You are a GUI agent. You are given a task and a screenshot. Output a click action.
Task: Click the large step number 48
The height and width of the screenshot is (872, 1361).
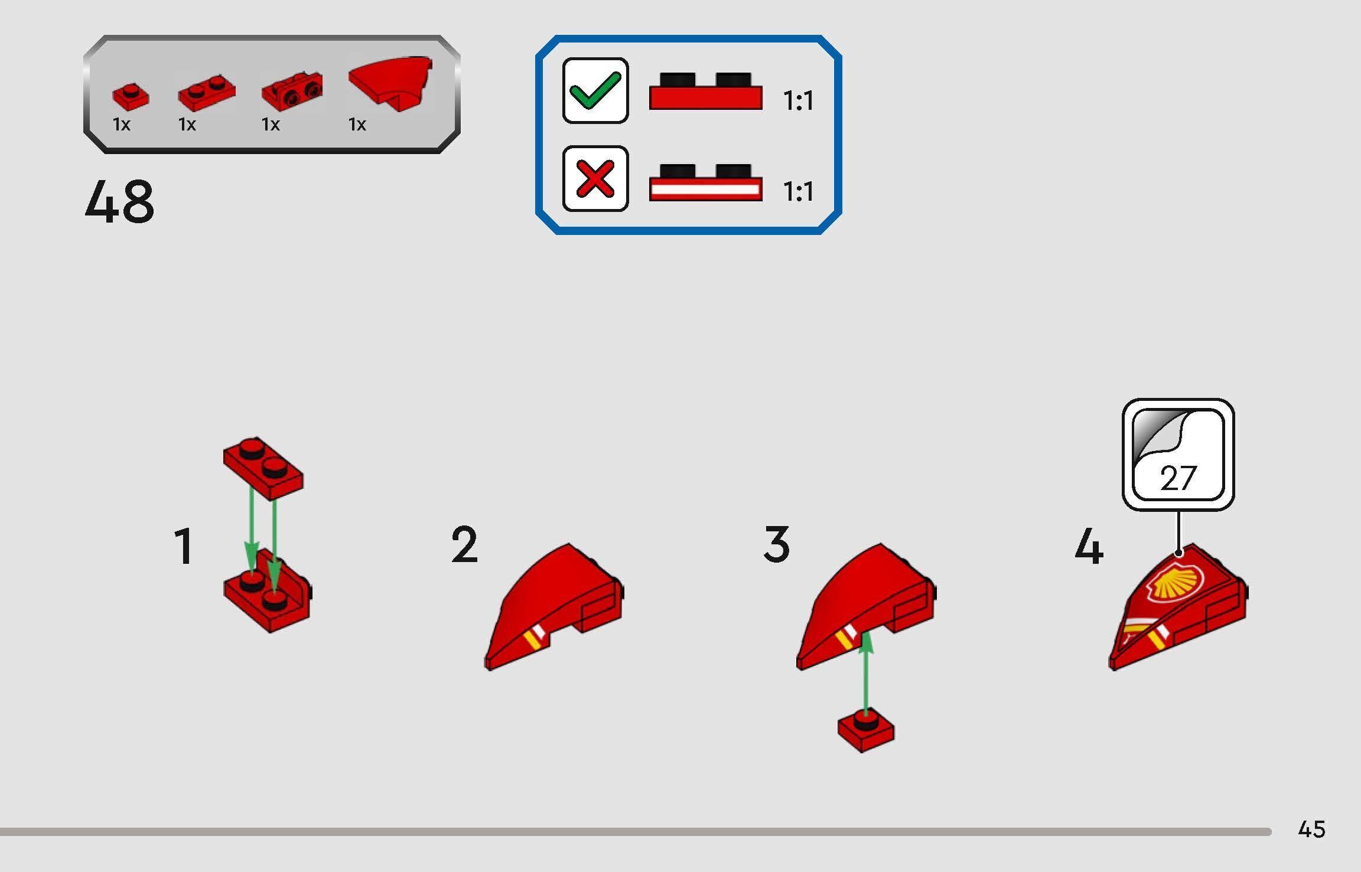119,202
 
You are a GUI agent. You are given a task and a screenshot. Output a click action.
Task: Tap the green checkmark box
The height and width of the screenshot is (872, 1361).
595,90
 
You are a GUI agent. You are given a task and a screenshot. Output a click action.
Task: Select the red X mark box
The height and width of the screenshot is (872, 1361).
595,178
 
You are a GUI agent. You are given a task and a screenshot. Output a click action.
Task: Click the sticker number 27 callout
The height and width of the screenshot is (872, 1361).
1178,455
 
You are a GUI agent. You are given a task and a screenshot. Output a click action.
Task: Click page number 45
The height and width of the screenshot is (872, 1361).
1311,829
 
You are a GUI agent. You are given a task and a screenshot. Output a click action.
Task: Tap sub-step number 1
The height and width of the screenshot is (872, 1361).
184,547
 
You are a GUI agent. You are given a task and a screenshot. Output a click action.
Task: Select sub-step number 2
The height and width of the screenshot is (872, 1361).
464,545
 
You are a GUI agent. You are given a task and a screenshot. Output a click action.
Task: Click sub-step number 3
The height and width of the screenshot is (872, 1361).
776,544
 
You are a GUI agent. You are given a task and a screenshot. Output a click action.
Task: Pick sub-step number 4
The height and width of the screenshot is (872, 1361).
1089,547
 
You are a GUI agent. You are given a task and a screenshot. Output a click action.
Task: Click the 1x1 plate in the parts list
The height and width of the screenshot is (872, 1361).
131,97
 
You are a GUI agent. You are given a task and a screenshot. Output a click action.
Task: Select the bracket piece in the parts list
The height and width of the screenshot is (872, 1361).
292,92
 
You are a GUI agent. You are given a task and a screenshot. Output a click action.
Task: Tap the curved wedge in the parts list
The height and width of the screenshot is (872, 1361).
390,81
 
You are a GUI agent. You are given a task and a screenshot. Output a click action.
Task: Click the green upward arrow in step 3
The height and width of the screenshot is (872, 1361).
865,673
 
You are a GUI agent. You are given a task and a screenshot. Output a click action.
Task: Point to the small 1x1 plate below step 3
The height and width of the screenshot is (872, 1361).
866,730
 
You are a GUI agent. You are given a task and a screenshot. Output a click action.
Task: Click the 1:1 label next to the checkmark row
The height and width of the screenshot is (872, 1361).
798,101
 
